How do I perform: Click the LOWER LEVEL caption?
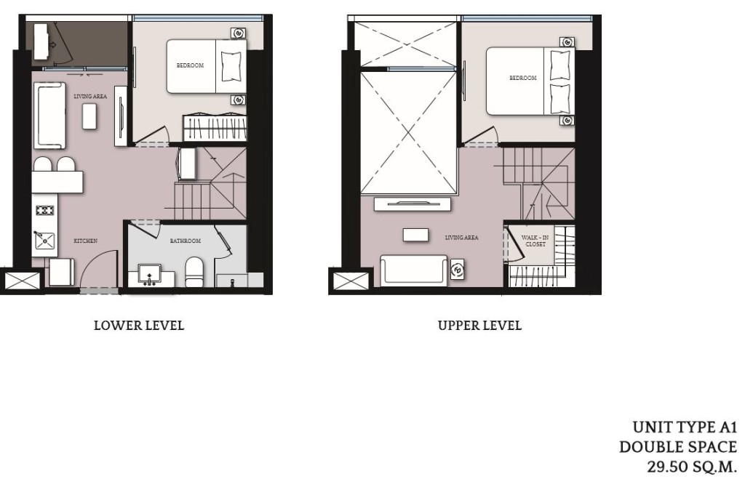click(139, 326)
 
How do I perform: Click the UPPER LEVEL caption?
click(479, 326)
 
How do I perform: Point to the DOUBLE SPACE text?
click(677, 447)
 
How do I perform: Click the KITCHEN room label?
click(85, 241)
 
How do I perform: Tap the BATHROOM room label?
click(186, 241)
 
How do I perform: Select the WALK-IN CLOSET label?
click(535, 241)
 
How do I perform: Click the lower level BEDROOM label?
click(190, 66)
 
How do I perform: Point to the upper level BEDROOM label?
click(522, 78)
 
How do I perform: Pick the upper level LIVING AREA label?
click(462, 238)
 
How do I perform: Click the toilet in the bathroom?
click(194, 272)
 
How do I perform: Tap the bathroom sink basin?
click(151, 274)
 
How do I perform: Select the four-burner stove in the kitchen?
click(45, 212)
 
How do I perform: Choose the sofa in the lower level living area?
click(49, 116)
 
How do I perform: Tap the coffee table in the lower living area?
click(89, 116)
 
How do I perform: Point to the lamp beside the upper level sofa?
click(458, 269)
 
